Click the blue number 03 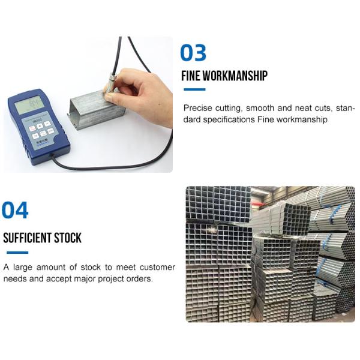[193, 53]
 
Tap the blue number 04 [15, 210]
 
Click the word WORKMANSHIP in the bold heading [235, 76]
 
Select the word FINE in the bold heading [191, 76]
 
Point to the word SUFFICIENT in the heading [27, 238]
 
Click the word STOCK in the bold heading [68, 238]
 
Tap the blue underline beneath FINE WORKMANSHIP [194, 89]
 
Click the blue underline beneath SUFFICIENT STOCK [17, 253]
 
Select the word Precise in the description [197, 108]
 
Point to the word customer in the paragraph [157, 267]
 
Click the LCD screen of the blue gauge [29, 104]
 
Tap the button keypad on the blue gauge [41, 130]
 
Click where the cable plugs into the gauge [52, 155]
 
